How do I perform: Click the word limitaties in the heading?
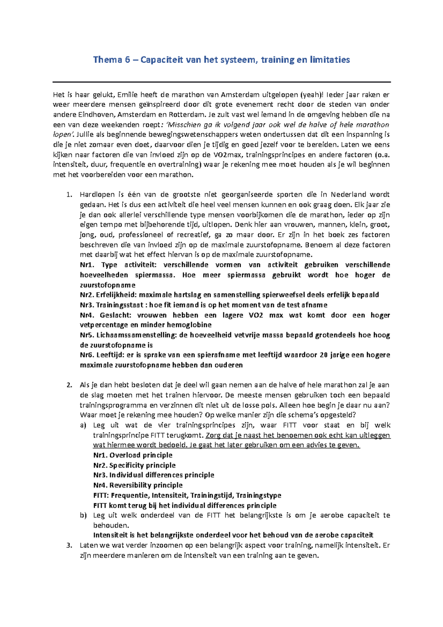(330, 60)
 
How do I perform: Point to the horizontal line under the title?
(221, 82)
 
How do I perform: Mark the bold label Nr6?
(87, 355)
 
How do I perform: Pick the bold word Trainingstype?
(258, 495)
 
